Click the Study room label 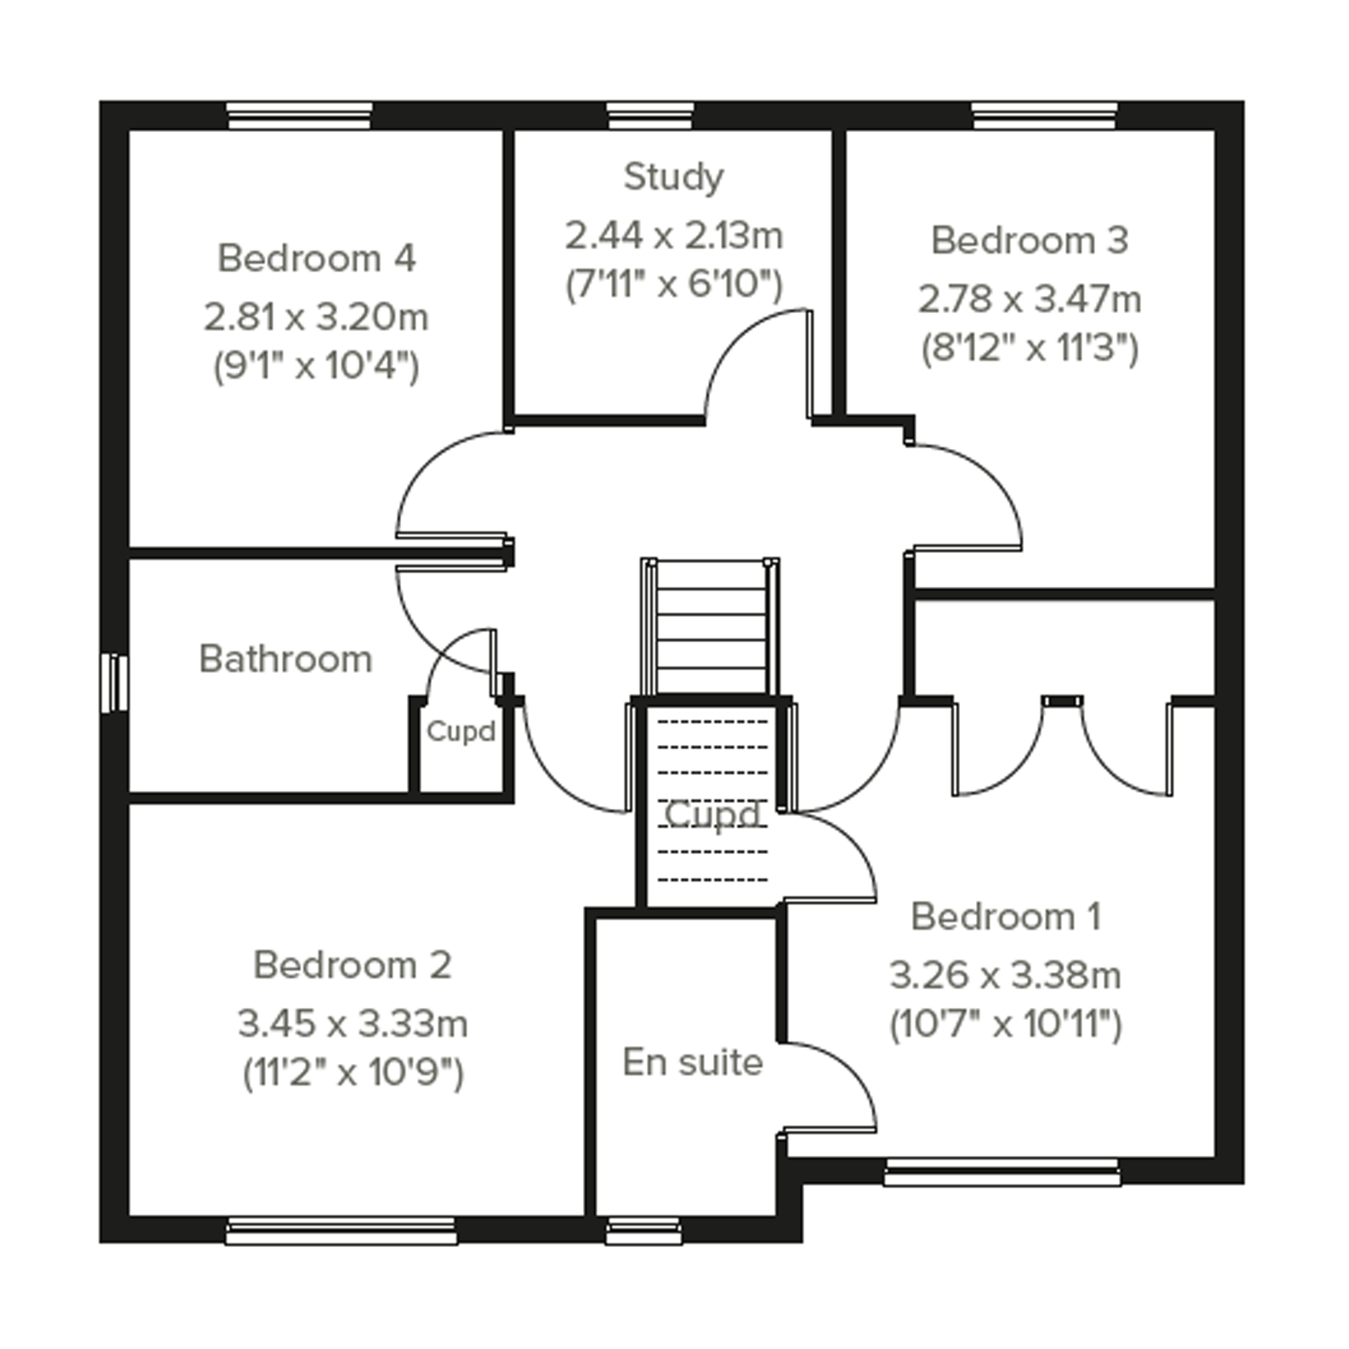(673, 177)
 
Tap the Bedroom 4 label (317, 258)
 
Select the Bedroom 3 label (1030, 240)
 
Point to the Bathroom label (286, 659)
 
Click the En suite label (693, 1062)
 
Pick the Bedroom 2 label (352, 965)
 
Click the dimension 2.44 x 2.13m (674, 236)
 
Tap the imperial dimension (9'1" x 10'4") (316, 366)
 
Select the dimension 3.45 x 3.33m (352, 1024)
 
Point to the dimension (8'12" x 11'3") (1030, 348)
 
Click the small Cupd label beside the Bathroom (461, 731)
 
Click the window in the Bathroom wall (115, 683)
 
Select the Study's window (650, 116)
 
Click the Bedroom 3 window (1045, 116)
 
